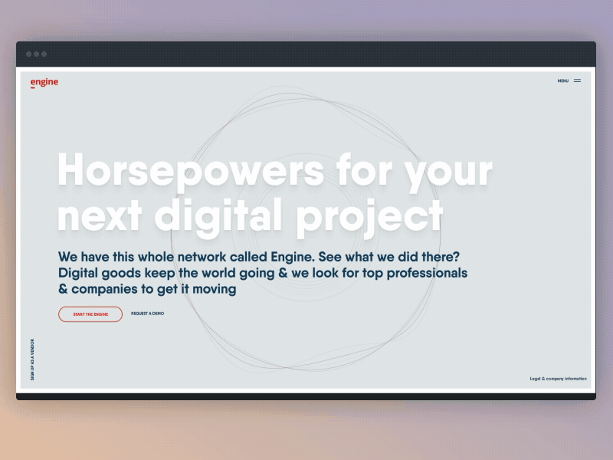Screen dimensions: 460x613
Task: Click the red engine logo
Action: click(44, 83)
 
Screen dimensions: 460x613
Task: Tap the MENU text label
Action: click(562, 80)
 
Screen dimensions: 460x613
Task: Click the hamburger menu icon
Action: click(577, 80)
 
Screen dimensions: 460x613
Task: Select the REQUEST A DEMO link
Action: click(147, 314)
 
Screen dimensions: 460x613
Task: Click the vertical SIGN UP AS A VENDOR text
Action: click(32, 360)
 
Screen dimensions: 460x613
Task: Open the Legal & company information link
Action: click(558, 379)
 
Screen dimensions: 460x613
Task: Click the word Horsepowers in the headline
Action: click(190, 172)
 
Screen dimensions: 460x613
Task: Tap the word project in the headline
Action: click(369, 215)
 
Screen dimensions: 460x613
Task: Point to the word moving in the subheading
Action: click(215, 289)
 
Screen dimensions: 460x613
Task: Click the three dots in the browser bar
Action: click(36, 54)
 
